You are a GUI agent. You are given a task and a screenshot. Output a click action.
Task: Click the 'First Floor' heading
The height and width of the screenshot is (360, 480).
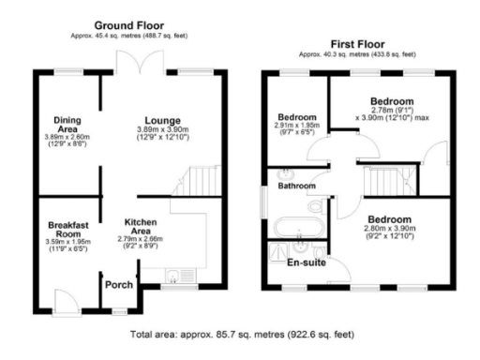click(358, 44)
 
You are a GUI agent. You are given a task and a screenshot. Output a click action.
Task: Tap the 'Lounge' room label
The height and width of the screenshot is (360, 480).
click(163, 119)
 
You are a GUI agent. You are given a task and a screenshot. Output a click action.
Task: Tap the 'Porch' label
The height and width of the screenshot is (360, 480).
click(118, 285)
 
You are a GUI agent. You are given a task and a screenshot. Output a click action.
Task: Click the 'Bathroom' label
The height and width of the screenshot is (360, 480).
click(298, 187)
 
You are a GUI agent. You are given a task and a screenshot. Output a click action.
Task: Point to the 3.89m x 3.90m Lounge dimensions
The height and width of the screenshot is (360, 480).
click(163, 135)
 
